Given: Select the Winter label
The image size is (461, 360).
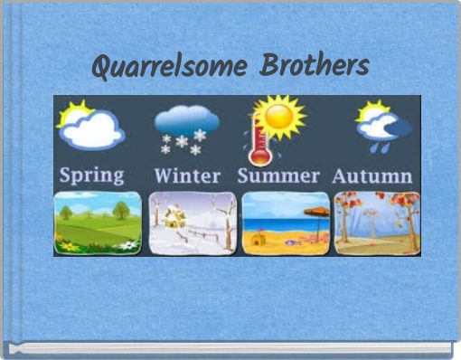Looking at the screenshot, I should (x=188, y=174).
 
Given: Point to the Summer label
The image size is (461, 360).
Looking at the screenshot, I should (x=278, y=174).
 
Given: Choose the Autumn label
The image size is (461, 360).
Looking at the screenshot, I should (x=372, y=174).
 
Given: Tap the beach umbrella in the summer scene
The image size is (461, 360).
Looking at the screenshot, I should (x=317, y=213).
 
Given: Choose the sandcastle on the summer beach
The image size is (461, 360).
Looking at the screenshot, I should (x=259, y=239).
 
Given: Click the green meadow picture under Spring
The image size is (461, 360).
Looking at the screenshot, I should (x=98, y=223).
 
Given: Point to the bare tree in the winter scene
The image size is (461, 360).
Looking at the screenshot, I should (x=226, y=215).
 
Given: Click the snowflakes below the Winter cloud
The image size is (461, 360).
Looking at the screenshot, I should (x=184, y=144).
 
